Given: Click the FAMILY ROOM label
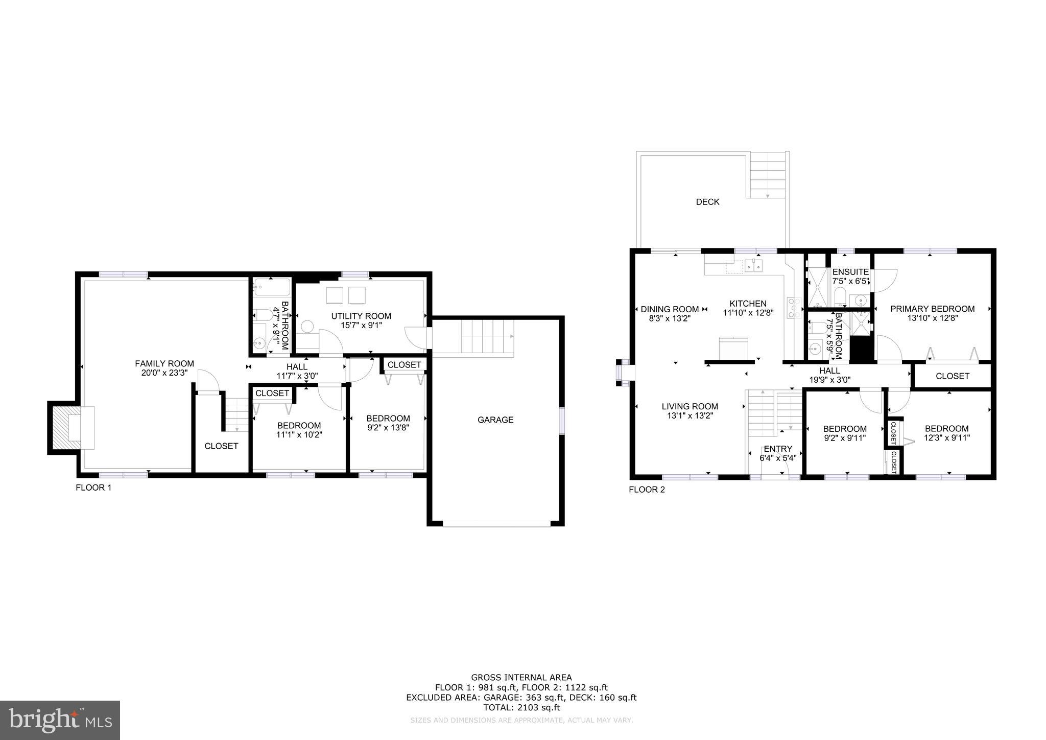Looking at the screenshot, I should (164, 363).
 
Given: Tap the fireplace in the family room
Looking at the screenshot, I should (72, 428).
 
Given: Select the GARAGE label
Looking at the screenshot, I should (495, 420).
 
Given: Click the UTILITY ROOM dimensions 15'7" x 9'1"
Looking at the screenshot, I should (361, 325).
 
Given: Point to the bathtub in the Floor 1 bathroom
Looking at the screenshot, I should (271, 287).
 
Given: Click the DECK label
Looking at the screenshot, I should (707, 202).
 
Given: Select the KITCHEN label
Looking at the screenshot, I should (748, 304).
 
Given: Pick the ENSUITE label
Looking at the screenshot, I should (850, 272).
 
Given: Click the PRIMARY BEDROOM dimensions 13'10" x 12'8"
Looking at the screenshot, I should (932, 317).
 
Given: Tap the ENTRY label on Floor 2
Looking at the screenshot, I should (778, 449).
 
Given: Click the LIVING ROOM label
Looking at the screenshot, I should (690, 406).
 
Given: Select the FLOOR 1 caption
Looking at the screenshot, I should (93, 488).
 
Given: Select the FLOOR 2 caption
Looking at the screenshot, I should (647, 490).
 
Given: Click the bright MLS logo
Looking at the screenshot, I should (60, 720).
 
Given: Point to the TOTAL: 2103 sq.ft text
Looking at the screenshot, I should (521, 708).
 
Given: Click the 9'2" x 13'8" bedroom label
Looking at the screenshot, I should (388, 418).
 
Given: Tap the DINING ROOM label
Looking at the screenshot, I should (670, 309).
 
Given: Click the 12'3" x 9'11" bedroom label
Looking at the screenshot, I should (946, 428).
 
